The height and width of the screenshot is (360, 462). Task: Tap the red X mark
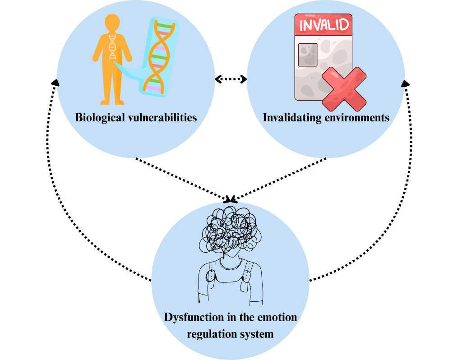[x=344, y=88]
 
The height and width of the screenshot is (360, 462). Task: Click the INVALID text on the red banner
[x=324, y=24]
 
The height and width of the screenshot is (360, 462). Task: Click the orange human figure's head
[x=112, y=23]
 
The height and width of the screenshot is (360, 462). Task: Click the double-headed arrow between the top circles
[x=231, y=79]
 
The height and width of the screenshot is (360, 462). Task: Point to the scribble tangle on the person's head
[x=228, y=228]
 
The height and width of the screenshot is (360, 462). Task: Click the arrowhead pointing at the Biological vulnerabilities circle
[x=55, y=82]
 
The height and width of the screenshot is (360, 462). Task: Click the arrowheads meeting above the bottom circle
[x=231, y=199]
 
